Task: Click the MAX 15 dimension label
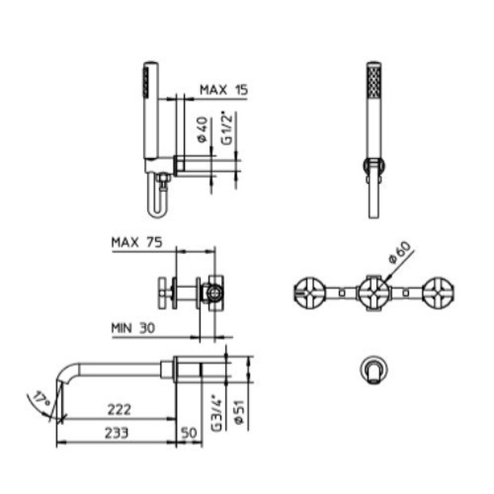coord(224,90)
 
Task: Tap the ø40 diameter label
coord(203,130)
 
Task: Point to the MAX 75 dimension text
coord(137,242)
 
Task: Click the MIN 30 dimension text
coord(133,328)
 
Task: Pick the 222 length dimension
coord(119,410)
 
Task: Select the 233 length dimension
coord(117,433)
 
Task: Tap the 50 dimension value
coord(189,433)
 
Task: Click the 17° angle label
coord(42,399)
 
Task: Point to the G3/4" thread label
coord(217,414)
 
